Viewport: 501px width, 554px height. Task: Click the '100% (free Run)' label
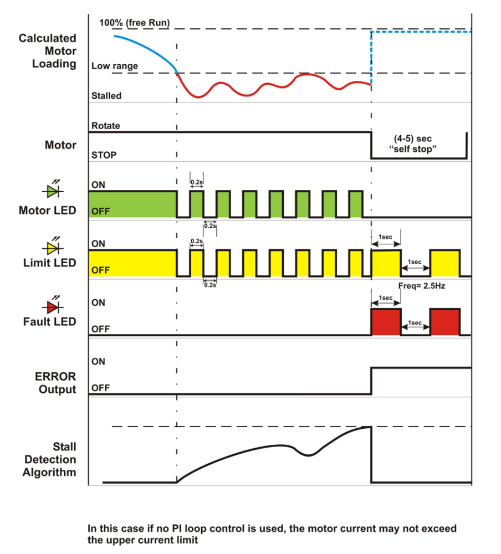[x=134, y=23]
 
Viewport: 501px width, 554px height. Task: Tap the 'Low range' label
[x=114, y=66]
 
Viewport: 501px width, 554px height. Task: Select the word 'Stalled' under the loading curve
[x=106, y=96]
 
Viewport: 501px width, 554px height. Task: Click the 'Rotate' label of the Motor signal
[x=105, y=126]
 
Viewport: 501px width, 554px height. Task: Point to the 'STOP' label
[x=104, y=155]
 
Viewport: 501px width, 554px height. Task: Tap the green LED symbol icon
[x=52, y=191]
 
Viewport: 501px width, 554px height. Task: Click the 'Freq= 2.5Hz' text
[x=422, y=286]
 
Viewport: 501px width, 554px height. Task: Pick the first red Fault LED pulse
[x=385, y=322]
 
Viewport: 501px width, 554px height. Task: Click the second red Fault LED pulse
[x=445, y=322]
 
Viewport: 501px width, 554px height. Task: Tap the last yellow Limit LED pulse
[x=445, y=263]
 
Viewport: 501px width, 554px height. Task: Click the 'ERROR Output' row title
[x=57, y=383]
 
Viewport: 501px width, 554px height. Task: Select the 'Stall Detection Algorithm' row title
[x=50, y=459]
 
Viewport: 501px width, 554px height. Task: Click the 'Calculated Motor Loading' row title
[x=48, y=51]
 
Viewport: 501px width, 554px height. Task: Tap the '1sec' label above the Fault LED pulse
[x=385, y=298]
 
